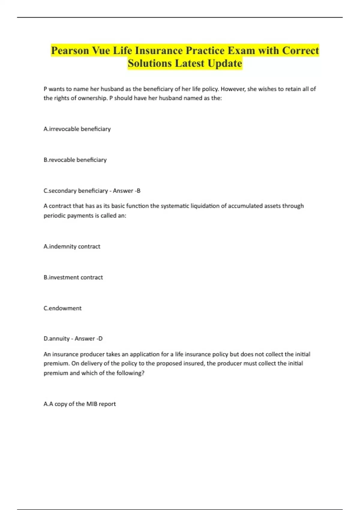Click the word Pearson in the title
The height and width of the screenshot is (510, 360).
pyautogui.click(x=70, y=50)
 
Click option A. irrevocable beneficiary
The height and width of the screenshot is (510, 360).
pyautogui.click(x=77, y=129)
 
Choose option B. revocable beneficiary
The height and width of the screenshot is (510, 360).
pyautogui.click(x=75, y=160)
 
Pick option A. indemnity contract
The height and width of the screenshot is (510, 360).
pyautogui.click(x=72, y=247)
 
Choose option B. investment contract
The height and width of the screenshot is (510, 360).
pyautogui.click(x=73, y=277)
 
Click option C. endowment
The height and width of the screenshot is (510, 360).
pyautogui.click(x=62, y=308)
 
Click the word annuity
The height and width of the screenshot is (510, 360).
pyautogui.click(x=59, y=339)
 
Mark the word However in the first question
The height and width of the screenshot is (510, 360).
pyautogui.click(x=233, y=89)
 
